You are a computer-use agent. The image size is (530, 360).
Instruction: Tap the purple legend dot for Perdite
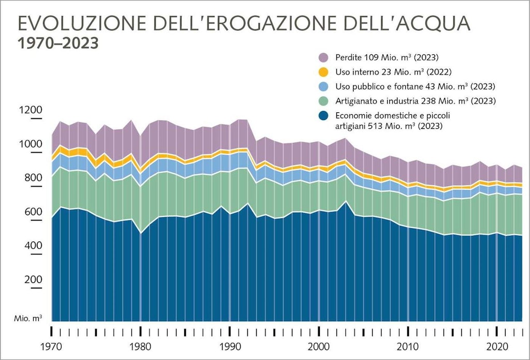(323, 57)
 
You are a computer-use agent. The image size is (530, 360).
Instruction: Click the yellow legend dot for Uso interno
(323, 71)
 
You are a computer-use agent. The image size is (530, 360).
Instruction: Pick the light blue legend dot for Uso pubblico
(323, 86)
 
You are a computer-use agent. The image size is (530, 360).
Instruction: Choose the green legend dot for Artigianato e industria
(323, 100)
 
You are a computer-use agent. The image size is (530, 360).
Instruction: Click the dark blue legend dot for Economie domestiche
(323, 115)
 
